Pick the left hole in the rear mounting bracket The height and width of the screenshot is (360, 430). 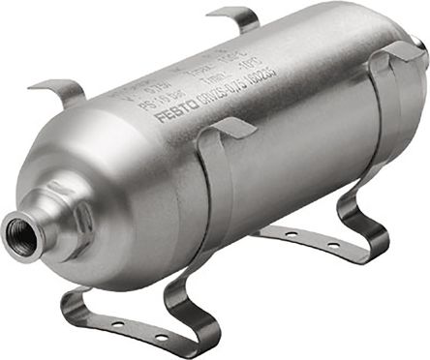click(x=291, y=235)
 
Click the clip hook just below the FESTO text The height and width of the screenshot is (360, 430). click(x=230, y=129)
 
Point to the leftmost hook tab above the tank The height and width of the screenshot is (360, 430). click(x=60, y=92)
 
